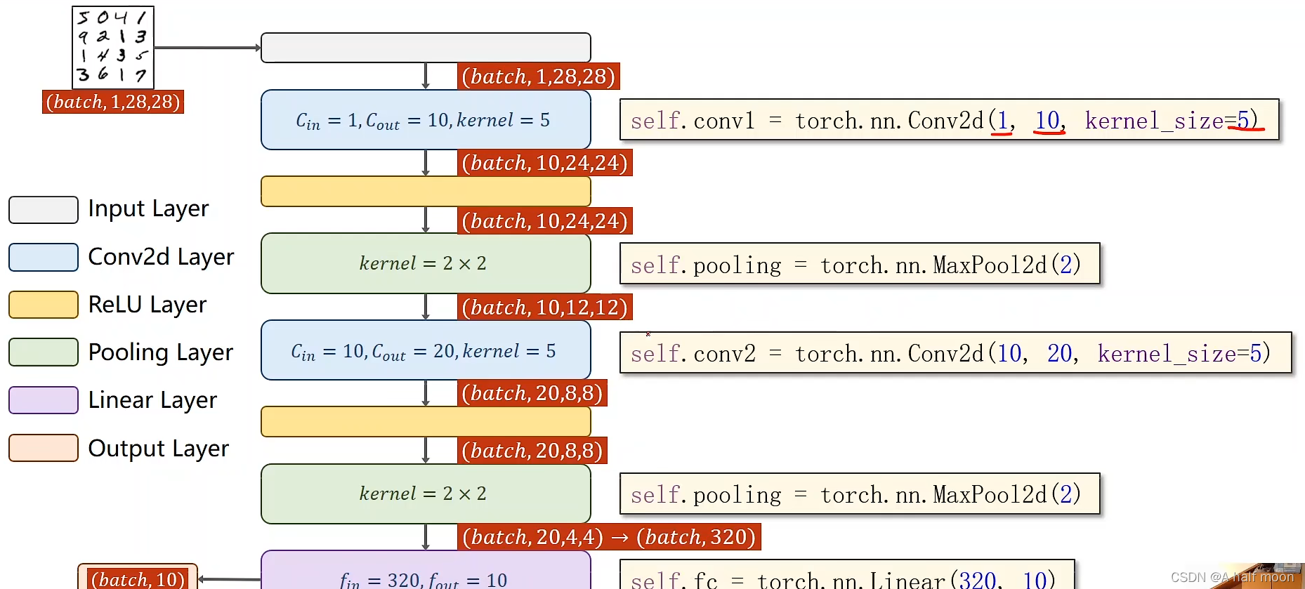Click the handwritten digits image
click(x=113, y=47)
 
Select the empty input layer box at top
click(x=426, y=48)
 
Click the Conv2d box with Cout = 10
click(x=426, y=120)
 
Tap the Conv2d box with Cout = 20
click(x=426, y=350)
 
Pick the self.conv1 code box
click(x=949, y=120)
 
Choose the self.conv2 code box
click(x=955, y=352)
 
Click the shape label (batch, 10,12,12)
click(x=544, y=307)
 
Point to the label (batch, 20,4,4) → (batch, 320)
click(x=609, y=537)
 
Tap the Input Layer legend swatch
click(x=44, y=210)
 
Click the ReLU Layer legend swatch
click(x=44, y=305)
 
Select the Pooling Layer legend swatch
click(x=44, y=352)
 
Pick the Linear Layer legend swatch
click(x=44, y=400)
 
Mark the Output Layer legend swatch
click(x=44, y=448)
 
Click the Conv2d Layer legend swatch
click(x=44, y=257)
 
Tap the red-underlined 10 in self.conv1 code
click(x=1048, y=121)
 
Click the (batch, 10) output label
click(x=138, y=578)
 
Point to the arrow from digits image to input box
click(x=207, y=48)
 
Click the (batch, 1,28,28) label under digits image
click(x=113, y=102)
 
